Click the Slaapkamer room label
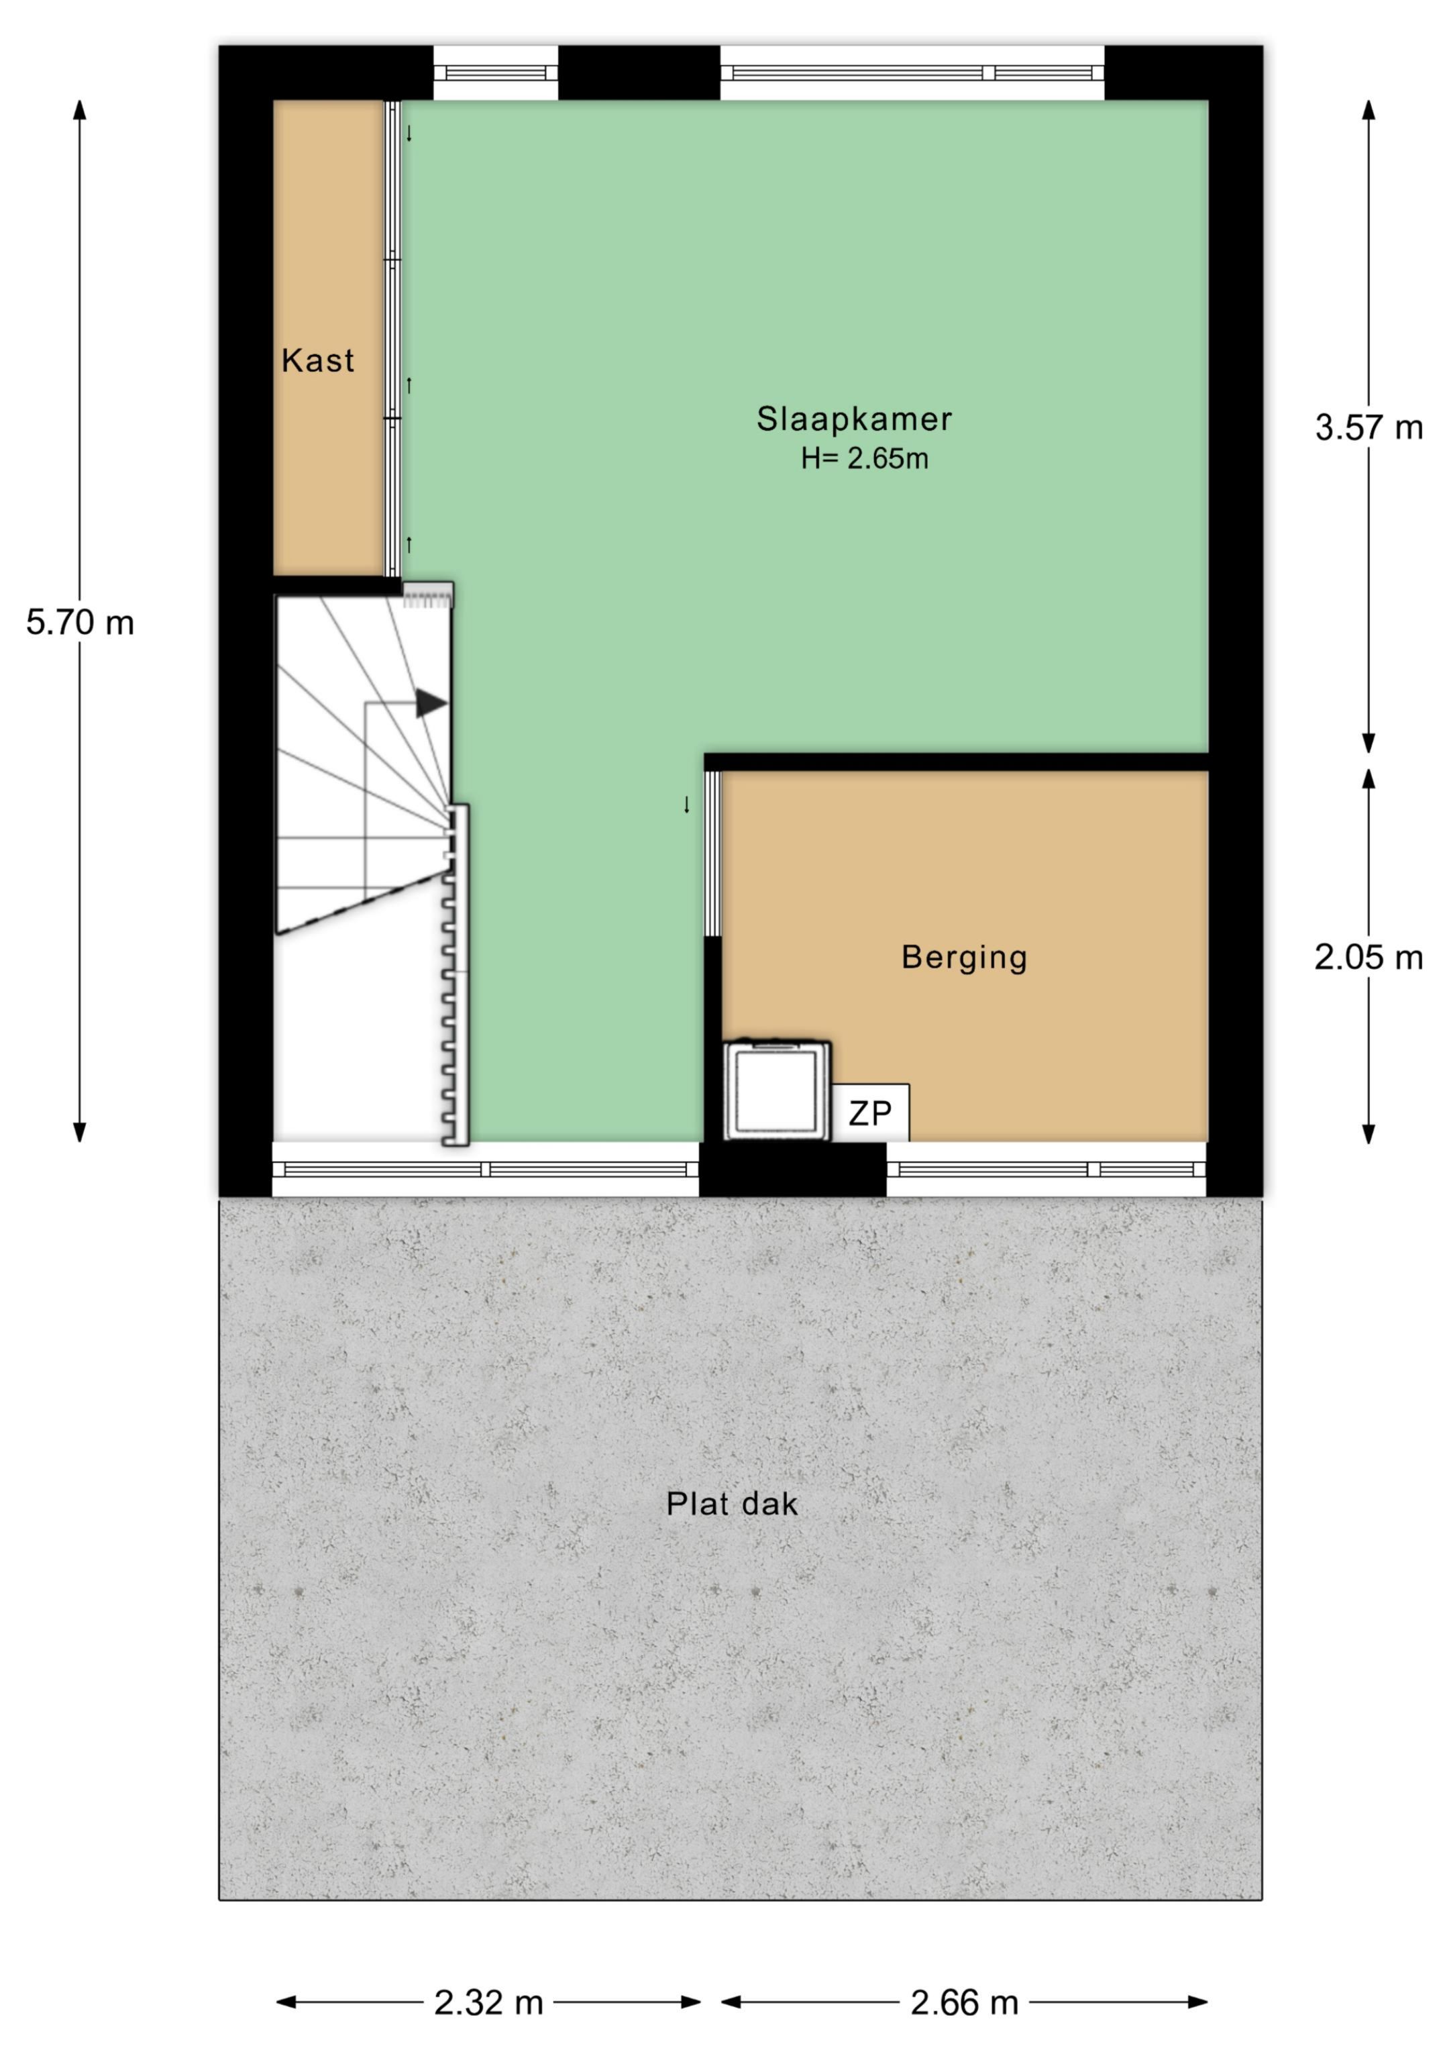pyautogui.click(x=855, y=419)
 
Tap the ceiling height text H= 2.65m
pyautogui.click(x=864, y=459)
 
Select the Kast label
pyautogui.click(x=318, y=361)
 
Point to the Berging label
pyautogui.click(x=964, y=957)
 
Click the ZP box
pyautogui.click(x=871, y=1113)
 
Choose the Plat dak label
pyautogui.click(x=732, y=1504)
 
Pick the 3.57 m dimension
pyautogui.click(x=1368, y=427)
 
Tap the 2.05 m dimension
pyautogui.click(x=1368, y=957)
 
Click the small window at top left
pyautogui.click(x=496, y=72)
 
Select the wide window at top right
pyautogui.click(x=912, y=72)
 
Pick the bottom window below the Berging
pyautogui.click(x=1046, y=1170)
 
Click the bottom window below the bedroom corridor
pyautogui.click(x=486, y=1170)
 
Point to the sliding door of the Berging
pyautogui.click(x=712, y=854)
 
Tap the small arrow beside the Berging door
pyautogui.click(x=686, y=805)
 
